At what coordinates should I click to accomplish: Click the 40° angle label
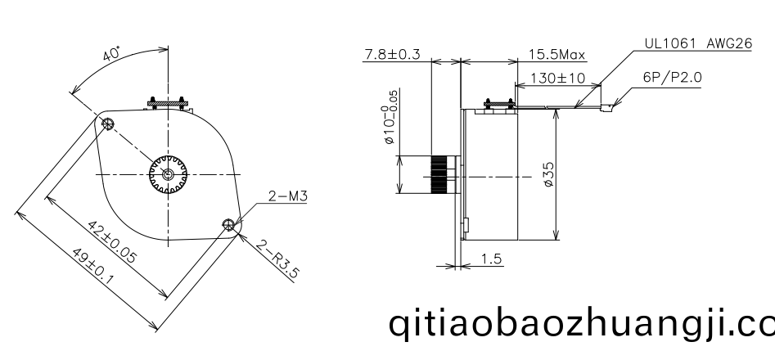tap(111, 53)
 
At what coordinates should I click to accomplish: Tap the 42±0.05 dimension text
tap(111, 241)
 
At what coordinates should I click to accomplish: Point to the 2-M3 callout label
tap(288, 196)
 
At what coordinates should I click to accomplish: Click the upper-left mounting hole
tap(107, 124)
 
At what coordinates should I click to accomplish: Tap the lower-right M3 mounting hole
tap(228, 225)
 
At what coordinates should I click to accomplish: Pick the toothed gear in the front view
tap(168, 174)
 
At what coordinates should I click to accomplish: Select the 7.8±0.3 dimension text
tap(392, 54)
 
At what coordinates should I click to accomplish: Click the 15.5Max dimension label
tap(556, 54)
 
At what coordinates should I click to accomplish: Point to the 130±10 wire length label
tap(557, 78)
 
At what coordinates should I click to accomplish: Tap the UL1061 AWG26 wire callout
tap(698, 43)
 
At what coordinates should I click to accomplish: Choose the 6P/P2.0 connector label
tap(672, 77)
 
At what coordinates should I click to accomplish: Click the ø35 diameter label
tap(548, 174)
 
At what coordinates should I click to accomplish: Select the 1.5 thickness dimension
tap(491, 259)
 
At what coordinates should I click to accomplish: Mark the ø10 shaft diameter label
tap(390, 118)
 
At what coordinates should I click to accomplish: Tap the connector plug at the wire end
tap(607, 106)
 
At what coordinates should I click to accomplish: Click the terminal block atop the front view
tap(168, 103)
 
